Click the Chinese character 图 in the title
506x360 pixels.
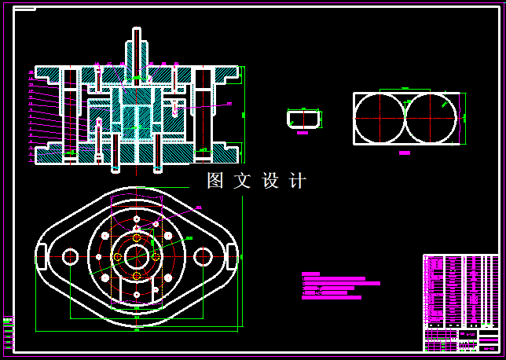tap(215, 181)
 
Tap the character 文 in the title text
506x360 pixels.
tap(242, 181)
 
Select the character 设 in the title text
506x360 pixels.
tap(270, 181)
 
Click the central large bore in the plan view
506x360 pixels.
tap(137, 255)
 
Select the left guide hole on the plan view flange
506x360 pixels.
tap(70, 256)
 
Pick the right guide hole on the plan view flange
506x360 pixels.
tap(203, 256)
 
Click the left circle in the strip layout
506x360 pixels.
tap(380, 118)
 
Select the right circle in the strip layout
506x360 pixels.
tap(431, 118)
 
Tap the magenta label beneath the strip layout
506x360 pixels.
tap(405, 153)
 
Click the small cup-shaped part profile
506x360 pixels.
tap(303, 119)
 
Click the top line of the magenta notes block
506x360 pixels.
tap(311, 274)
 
